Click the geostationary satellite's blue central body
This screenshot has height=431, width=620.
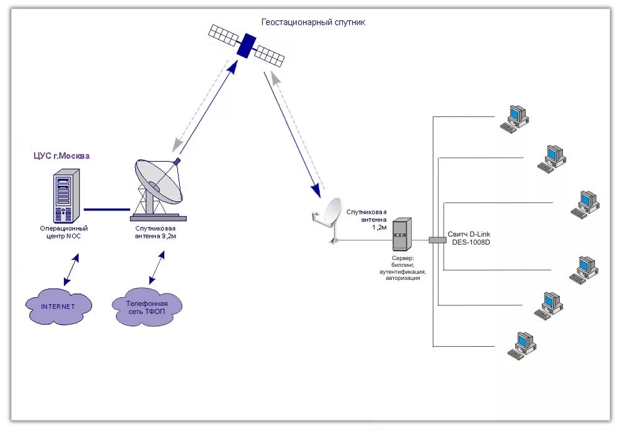(x=246, y=45)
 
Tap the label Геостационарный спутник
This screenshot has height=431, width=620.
(x=313, y=22)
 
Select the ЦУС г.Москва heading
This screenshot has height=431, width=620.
(x=61, y=155)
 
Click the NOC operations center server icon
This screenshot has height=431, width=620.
(x=66, y=196)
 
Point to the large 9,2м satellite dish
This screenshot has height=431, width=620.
(x=158, y=189)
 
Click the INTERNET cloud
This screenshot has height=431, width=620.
(x=58, y=306)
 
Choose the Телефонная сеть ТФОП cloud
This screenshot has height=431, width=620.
(x=147, y=307)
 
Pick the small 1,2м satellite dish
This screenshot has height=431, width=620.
(x=328, y=219)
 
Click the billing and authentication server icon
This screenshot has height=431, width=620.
(x=402, y=234)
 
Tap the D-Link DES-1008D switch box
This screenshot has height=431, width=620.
(x=437, y=240)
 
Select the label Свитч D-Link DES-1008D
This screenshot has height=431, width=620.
(x=469, y=238)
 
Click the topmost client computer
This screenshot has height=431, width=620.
(x=515, y=119)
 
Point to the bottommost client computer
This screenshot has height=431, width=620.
(x=522, y=346)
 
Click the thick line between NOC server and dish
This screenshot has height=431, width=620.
(x=107, y=209)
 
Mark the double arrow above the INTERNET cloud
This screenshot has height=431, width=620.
(x=71, y=269)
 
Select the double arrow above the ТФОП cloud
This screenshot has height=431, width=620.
(x=157, y=268)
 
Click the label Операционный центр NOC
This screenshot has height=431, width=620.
(x=64, y=232)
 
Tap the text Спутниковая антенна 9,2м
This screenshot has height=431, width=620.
(x=156, y=232)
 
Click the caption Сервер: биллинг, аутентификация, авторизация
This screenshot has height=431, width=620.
(x=402, y=268)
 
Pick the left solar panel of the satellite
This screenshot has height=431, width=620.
(x=223, y=35)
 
